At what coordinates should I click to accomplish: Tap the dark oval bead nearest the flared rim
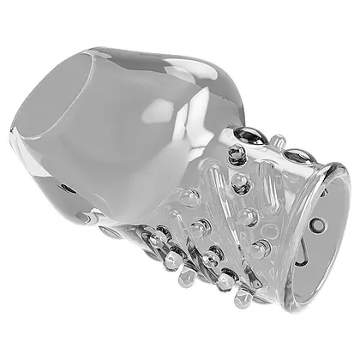pos(297,156)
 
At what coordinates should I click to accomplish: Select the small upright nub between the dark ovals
pos(276,140)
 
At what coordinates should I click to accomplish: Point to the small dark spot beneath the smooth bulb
pos(65,188)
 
